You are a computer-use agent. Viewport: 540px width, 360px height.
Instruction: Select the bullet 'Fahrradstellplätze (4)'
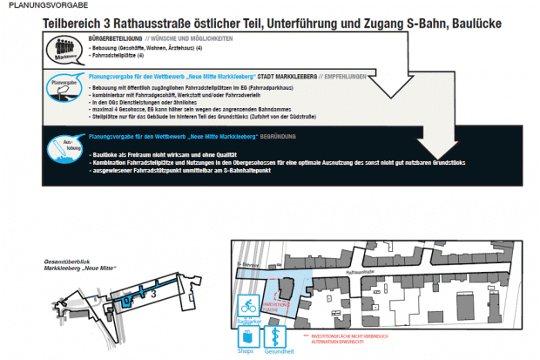click(x=125, y=58)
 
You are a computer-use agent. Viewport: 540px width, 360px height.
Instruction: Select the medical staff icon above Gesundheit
click(x=279, y=336)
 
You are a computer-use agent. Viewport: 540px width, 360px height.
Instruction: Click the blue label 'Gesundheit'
click(x=280, y=354)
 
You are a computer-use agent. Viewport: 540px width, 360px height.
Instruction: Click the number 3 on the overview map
click(x=153, y=295)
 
